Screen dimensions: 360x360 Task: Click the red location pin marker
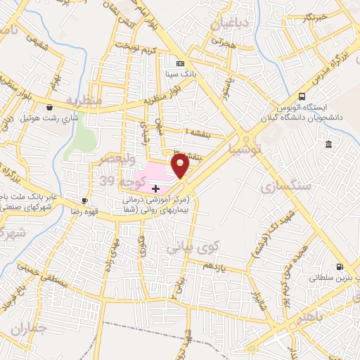coord(181,165)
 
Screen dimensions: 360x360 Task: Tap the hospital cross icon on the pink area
coord(155,188)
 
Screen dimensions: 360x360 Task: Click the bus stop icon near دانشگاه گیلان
coord(302,96)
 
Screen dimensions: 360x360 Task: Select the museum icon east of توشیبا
coord(328,144)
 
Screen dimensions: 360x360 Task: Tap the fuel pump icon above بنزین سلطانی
coord(340,266)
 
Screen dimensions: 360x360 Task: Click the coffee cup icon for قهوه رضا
coord(85,200)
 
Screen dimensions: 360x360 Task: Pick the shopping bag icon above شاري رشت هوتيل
coord(49,108)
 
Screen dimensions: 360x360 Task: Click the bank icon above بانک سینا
coord(179,62)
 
